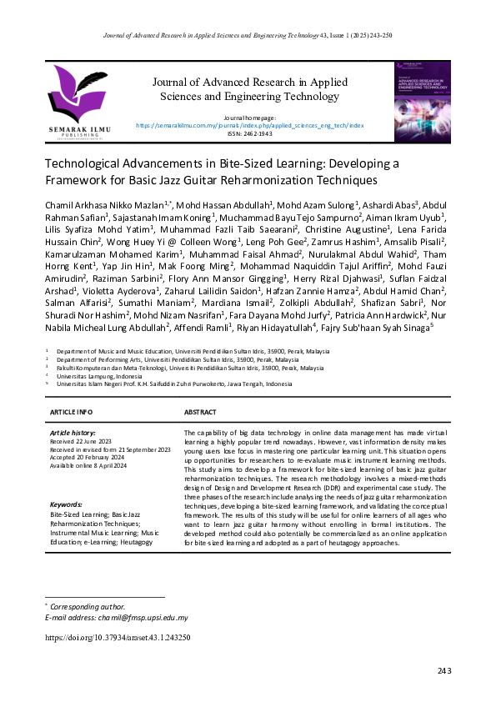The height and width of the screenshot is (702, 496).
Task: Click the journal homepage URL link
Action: click(x=248, y=125)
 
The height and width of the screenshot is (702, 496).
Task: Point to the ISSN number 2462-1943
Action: click(x=248, y=133)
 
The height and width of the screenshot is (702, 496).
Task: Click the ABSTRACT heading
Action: click(x=200, y=413)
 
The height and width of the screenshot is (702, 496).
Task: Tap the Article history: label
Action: click(x=73, y=434)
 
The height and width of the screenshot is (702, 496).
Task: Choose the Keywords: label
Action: click(x=66, y=505)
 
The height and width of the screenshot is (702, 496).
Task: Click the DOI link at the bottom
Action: click(x=118, y=637)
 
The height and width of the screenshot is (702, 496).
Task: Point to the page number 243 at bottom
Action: click(x=443, y=672)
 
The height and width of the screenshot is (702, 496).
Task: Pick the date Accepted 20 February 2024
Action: click(x=91, y=457)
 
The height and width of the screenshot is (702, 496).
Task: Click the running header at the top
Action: click(x=248, y=36)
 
